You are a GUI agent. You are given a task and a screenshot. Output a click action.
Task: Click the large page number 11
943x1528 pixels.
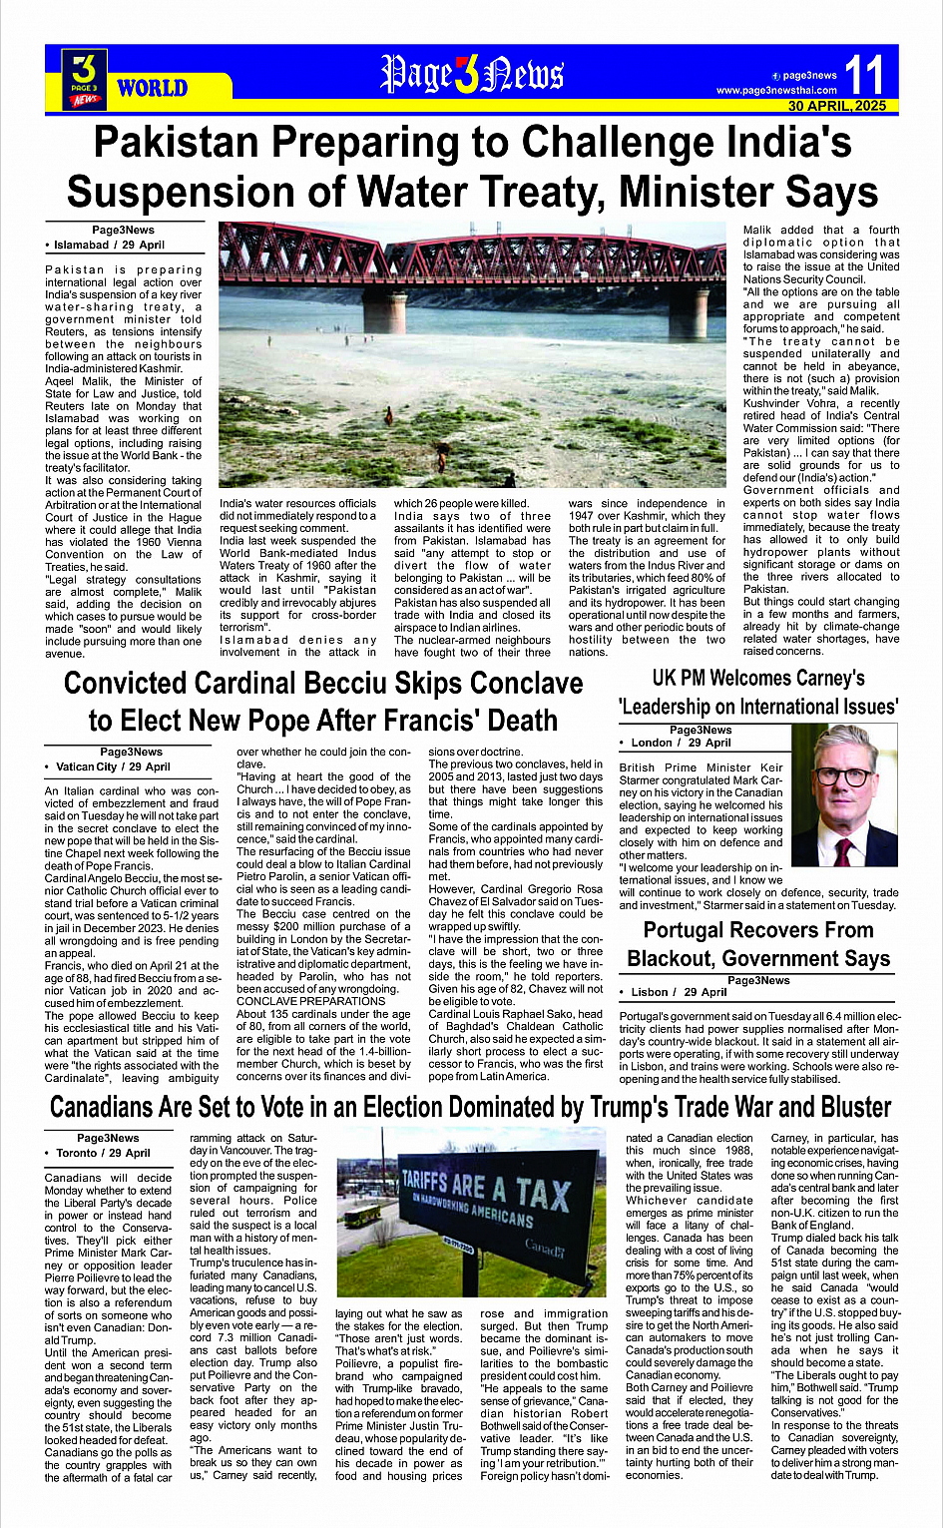863,74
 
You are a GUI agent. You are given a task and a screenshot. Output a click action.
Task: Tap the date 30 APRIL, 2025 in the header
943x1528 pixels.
836,106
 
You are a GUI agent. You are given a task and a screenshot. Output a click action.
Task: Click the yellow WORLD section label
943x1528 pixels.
153,88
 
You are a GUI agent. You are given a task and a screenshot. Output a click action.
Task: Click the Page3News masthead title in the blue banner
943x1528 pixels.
472,73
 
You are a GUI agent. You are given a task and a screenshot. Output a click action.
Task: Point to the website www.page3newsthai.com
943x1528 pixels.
776,91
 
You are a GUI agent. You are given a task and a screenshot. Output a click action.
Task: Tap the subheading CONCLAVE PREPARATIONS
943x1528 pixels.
297,1001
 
